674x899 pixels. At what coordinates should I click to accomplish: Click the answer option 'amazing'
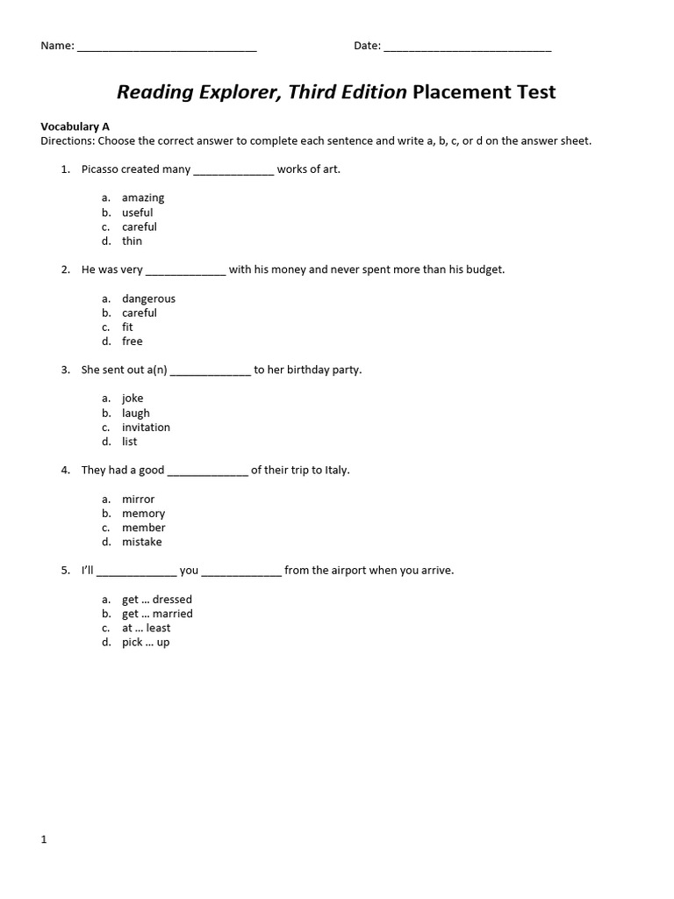click(x=143, y=198)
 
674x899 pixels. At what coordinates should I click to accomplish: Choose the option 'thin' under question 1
click(x=132, y=241)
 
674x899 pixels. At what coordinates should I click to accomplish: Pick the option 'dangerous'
click(x=148, y=298)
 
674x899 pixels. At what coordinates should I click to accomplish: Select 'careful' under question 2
click(x=140, y=313)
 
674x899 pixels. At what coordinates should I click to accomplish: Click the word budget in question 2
click(x=484, y=270)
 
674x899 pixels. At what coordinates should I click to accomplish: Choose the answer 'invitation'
click(x=146, y=428)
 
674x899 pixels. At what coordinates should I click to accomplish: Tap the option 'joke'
click(x=133, y=399)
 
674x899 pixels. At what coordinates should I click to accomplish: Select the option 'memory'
click(x=143, y=514)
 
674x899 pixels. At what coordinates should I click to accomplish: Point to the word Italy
click(x=334, y=470)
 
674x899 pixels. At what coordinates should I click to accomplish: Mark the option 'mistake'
click(x=141, y=542)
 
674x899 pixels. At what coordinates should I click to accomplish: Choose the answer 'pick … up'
click(x=146, y=643)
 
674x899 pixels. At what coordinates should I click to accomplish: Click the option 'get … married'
click(x=157, y=614)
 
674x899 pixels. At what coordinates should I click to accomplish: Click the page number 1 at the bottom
click(x=43, y=839)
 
